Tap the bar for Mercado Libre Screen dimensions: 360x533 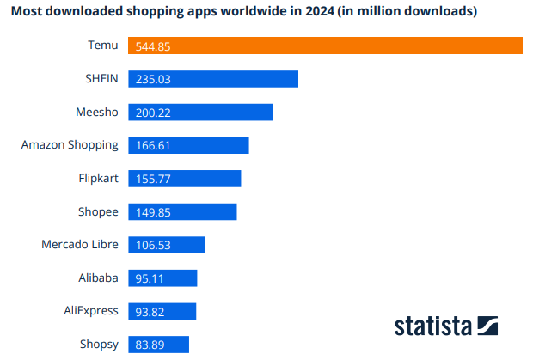(x=167, y=245)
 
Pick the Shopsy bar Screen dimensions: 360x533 (x=158, y=345)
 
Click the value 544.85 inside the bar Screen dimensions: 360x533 (x=153, y=46)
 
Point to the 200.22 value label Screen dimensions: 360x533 (x=153, y=113)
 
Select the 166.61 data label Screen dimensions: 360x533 (x=153, y=146)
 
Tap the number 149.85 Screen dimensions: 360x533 (x=153, y=212)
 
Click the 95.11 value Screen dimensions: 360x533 (x=150, y=278)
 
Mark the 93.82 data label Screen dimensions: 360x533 (x=150, y=312)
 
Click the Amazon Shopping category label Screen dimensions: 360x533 (x=70, y=145)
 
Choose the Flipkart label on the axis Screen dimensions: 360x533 (x=98, y=179)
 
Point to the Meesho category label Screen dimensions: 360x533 (x=97, y=112)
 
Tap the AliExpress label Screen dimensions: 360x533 (x=91, y=311)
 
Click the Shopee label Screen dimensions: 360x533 (x=98, y=211)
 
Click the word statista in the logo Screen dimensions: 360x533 (x=432, y=326)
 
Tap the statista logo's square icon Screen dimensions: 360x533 (x=487, y=326)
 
